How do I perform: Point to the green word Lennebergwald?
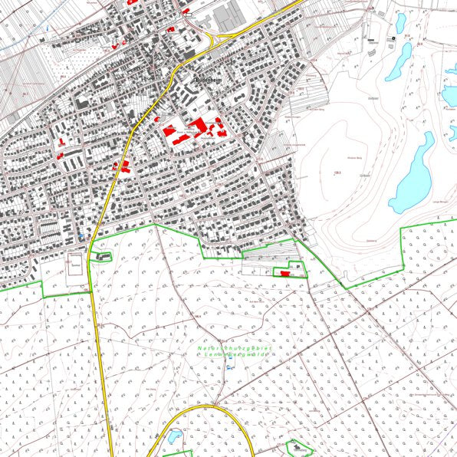click(231, 357)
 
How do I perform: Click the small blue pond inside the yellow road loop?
click(175, 437)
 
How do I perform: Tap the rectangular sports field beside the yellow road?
click(76, 263)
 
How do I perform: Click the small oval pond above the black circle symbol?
click(400, 19)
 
